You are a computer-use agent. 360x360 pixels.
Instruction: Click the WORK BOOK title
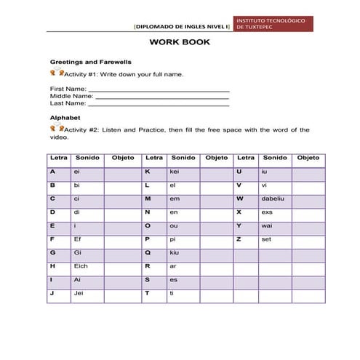(x=180, y=42)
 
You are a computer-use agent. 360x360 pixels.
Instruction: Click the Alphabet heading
(x=65, y=116)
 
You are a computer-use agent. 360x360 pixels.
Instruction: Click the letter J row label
(x=53, y=292)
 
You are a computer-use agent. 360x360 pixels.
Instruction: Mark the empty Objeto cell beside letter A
(x=123, y=171)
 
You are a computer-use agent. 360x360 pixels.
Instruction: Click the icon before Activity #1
(x=57, y=73)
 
